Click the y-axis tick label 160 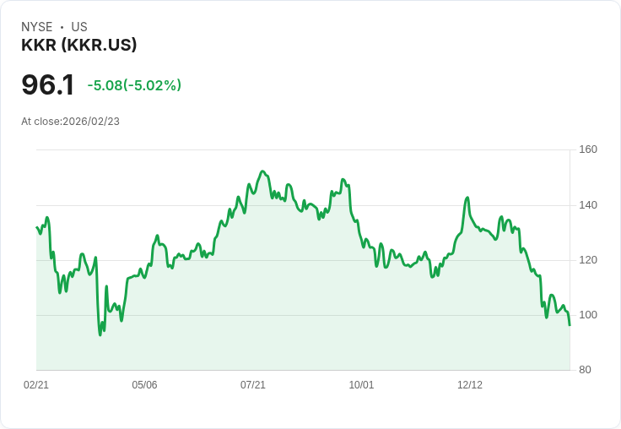[588, 149]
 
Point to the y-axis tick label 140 [588, 204]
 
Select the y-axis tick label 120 [588, 259]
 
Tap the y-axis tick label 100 [588, 314]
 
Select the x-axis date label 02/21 [36, 384]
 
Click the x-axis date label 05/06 [144, 384]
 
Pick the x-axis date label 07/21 [253, 384]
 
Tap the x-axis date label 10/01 [361, 384]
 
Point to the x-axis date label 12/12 [470, 384]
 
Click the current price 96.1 [48, 85]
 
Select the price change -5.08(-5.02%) [134, 85]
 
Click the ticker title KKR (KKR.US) [78, 46]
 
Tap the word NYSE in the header [36, 27]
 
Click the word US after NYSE [79, 27]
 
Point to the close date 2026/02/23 [91, 122]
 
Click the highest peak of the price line [262, 171]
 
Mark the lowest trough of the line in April [100, 335]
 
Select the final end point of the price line [570, 325]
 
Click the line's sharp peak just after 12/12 [467, 198]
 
